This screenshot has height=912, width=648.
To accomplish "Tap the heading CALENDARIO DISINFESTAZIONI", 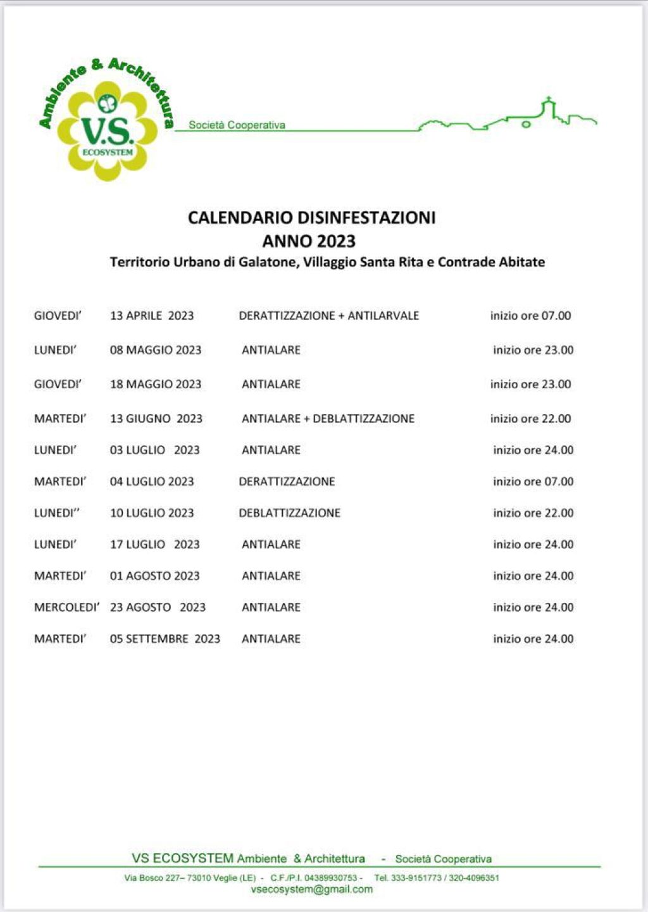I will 311,218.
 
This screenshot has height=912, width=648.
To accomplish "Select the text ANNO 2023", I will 309,241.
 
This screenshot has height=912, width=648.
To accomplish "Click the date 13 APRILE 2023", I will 152,315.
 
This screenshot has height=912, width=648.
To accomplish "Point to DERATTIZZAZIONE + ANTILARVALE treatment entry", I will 328,315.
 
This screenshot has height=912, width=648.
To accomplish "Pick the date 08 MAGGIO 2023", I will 156,350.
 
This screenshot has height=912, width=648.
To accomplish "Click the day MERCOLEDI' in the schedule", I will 66,607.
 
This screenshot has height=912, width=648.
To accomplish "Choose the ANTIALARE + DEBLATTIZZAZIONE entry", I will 328,419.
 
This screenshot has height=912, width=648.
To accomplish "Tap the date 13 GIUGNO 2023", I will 156,419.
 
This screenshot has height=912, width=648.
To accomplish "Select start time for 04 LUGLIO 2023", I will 533,481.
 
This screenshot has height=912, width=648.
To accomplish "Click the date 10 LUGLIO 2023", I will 152,513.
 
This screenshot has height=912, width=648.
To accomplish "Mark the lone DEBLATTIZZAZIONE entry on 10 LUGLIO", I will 289,513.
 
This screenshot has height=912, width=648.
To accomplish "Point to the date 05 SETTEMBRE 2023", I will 165,638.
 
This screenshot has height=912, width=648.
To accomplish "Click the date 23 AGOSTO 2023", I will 158,607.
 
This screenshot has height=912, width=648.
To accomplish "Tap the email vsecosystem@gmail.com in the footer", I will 312,889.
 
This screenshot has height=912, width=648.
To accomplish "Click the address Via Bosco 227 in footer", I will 153,878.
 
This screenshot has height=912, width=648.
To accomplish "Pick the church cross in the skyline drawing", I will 548,101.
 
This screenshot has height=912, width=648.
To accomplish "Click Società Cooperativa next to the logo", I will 237,125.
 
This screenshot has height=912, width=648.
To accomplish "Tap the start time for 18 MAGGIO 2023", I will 530,384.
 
